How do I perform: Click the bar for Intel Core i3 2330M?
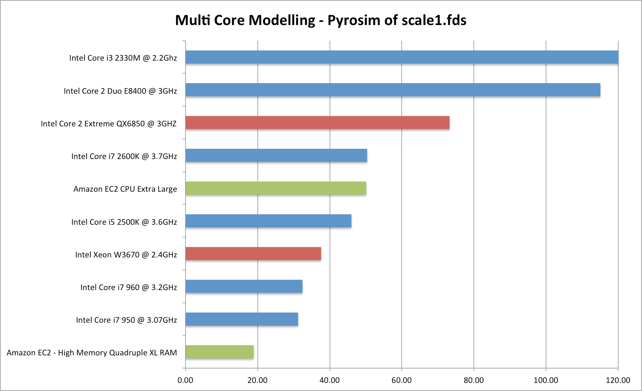pyautogui.click(x=402, y=57)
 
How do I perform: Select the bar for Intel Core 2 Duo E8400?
pyautogui.click(x=393, y=90)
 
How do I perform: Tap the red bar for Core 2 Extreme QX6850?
pyautogui.click(x=317, y=123)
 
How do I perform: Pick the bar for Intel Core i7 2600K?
pyautogui.click(x=276, y=155)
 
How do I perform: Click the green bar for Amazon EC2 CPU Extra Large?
pyautogui.click(x=276, y=188)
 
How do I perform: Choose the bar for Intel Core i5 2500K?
pyautogui.click(x=268, y=221)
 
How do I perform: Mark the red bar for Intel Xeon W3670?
pyautogui.click(x=253, y=254)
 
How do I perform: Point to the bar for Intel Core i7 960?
pyautogui.click(x=244, y=287)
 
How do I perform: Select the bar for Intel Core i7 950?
pyautogui.click(x=242, y=319)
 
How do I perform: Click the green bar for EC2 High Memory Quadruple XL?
pyautogui.click(x=220, y=352)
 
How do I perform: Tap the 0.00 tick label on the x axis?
pyautogui.click(x=186, y=380)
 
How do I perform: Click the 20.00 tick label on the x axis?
pyautogui.click(x=257, y=380)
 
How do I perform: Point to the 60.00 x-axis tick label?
pyautogui.click(x=402, y=380)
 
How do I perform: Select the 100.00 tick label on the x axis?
pyautogui.click(x=546, y=380)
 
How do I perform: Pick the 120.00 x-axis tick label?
pyautogui.click(x=618, y=380)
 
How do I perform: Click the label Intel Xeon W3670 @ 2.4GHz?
pyautogui.click(x=126, y=255)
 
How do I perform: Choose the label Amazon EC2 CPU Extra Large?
pyautogui.click(x=125, y=189)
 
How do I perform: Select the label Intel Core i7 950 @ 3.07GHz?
pyautogui.click(x=127, y=320)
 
